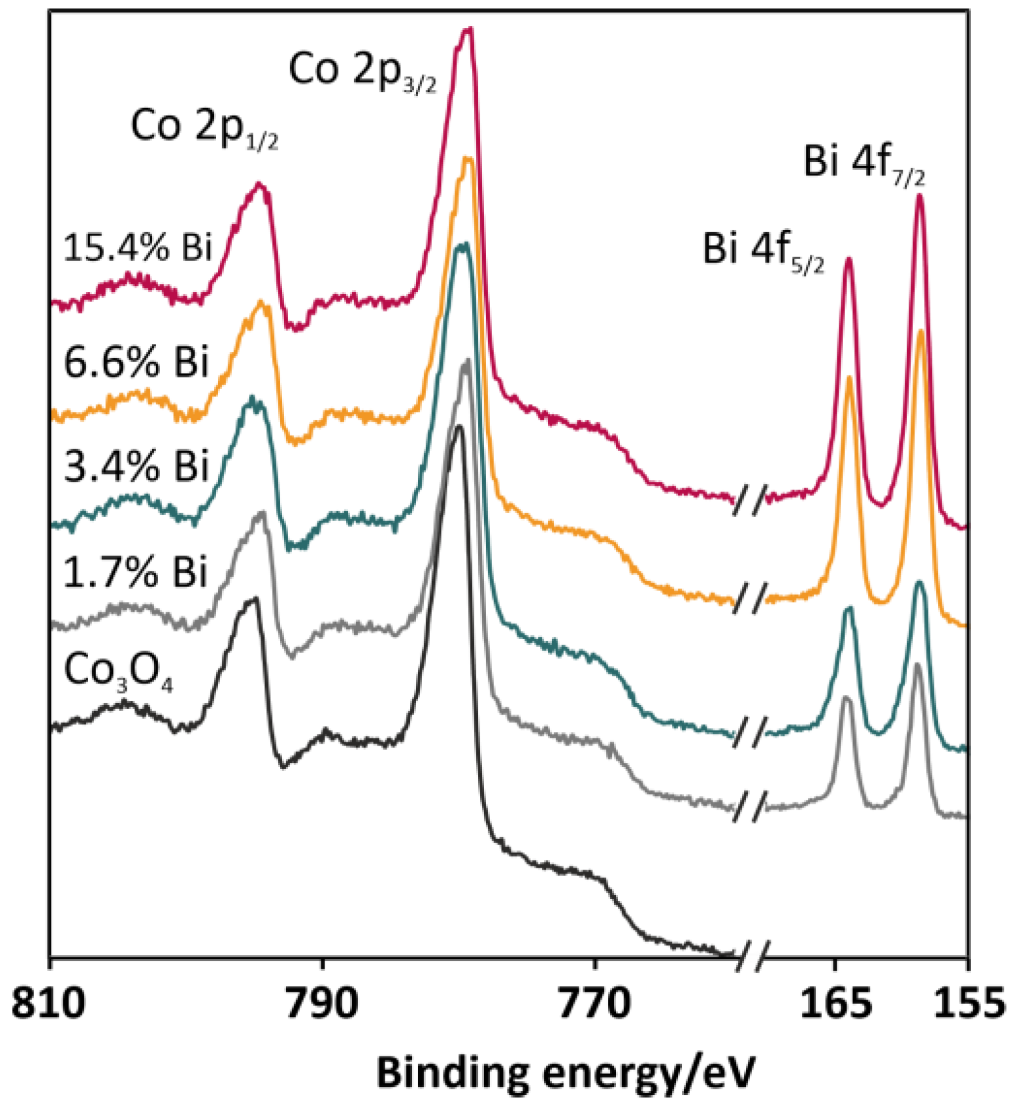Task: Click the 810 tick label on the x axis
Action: point(49,1003)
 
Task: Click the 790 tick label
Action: point(322,1003)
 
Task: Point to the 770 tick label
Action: point(594,1003)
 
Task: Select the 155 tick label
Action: point(969,1003)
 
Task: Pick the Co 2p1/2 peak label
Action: point(204,127)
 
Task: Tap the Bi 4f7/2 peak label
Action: point(863,163)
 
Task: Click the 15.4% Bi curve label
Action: point(138,248)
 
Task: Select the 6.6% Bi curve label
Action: point(136,362)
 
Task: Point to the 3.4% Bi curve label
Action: point(136,467)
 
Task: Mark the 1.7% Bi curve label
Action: point(135,573)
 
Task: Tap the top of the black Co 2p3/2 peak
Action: point(459,426)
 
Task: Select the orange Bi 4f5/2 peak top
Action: point(850,377)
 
